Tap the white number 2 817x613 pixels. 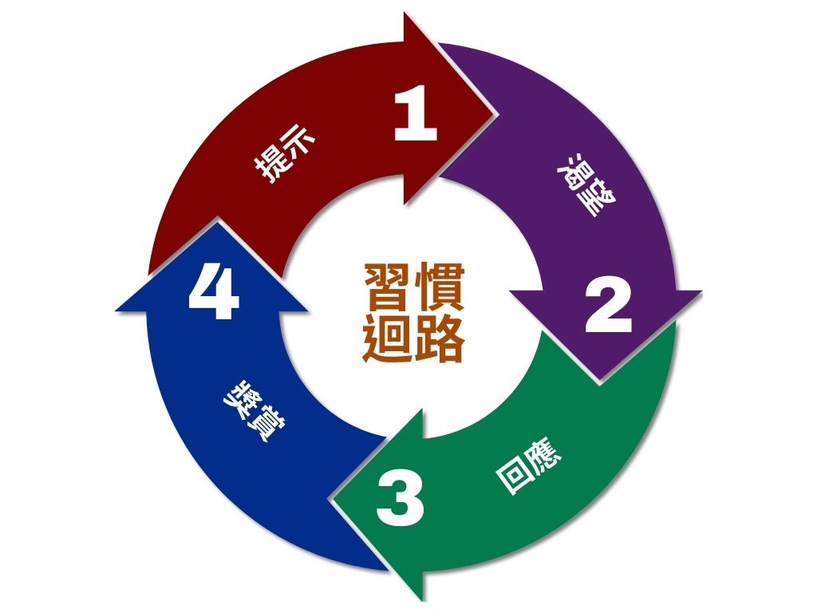point(608,307)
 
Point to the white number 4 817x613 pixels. point(213,293)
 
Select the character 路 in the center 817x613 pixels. point(438,338)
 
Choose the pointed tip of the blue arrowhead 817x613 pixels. point(212,222)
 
